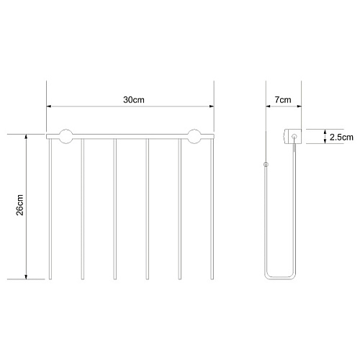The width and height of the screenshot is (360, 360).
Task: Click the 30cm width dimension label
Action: [134, 100]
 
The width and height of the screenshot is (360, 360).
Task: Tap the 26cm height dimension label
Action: [20, 205]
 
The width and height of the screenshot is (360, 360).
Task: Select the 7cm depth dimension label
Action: [283, 100]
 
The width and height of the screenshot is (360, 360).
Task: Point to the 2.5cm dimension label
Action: [341, 138]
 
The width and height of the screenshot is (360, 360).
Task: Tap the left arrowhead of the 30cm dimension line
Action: [49, 107]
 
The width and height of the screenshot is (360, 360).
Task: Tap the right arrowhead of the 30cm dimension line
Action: [212, 107]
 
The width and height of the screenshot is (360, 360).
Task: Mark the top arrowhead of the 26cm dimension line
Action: [26, 137]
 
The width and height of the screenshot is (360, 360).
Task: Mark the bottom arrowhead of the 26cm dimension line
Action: [26, 276]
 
